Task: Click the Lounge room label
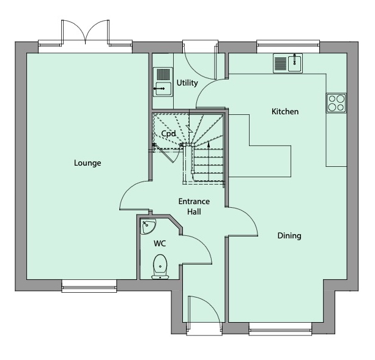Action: pos(87,163)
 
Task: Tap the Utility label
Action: pos(186,83)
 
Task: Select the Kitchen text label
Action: pos(285,112)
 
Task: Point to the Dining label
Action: pos(289,235)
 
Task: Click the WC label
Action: pos(160,243)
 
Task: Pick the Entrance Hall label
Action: pos(194,207)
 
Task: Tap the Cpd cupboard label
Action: pos(168,133)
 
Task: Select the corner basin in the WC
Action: pos(148,226)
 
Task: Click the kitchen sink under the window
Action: pos(288,63)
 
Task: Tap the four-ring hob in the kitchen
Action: pos(336,103)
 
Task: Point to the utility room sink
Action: pos(162,82)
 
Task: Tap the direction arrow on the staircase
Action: pos(209,145)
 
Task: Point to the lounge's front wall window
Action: pos(89,285)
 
